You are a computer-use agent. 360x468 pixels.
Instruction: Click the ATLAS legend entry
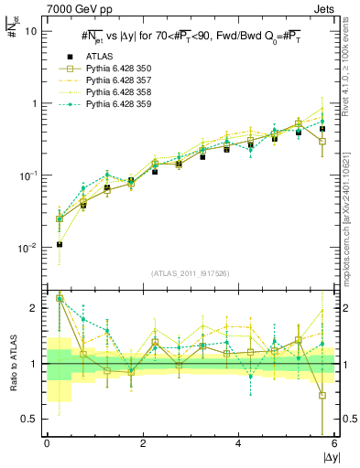(100, 57)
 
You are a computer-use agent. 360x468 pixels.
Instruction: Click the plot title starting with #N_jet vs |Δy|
(191, 36)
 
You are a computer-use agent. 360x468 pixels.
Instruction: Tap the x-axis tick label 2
(142, 444)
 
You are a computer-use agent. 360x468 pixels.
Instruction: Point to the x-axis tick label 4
(238, 444)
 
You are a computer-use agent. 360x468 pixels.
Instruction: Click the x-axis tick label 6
(333, 444)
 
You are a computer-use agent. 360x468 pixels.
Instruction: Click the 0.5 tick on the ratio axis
(30, 419)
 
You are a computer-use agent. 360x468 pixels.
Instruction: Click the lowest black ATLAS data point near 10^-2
(60, 244)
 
